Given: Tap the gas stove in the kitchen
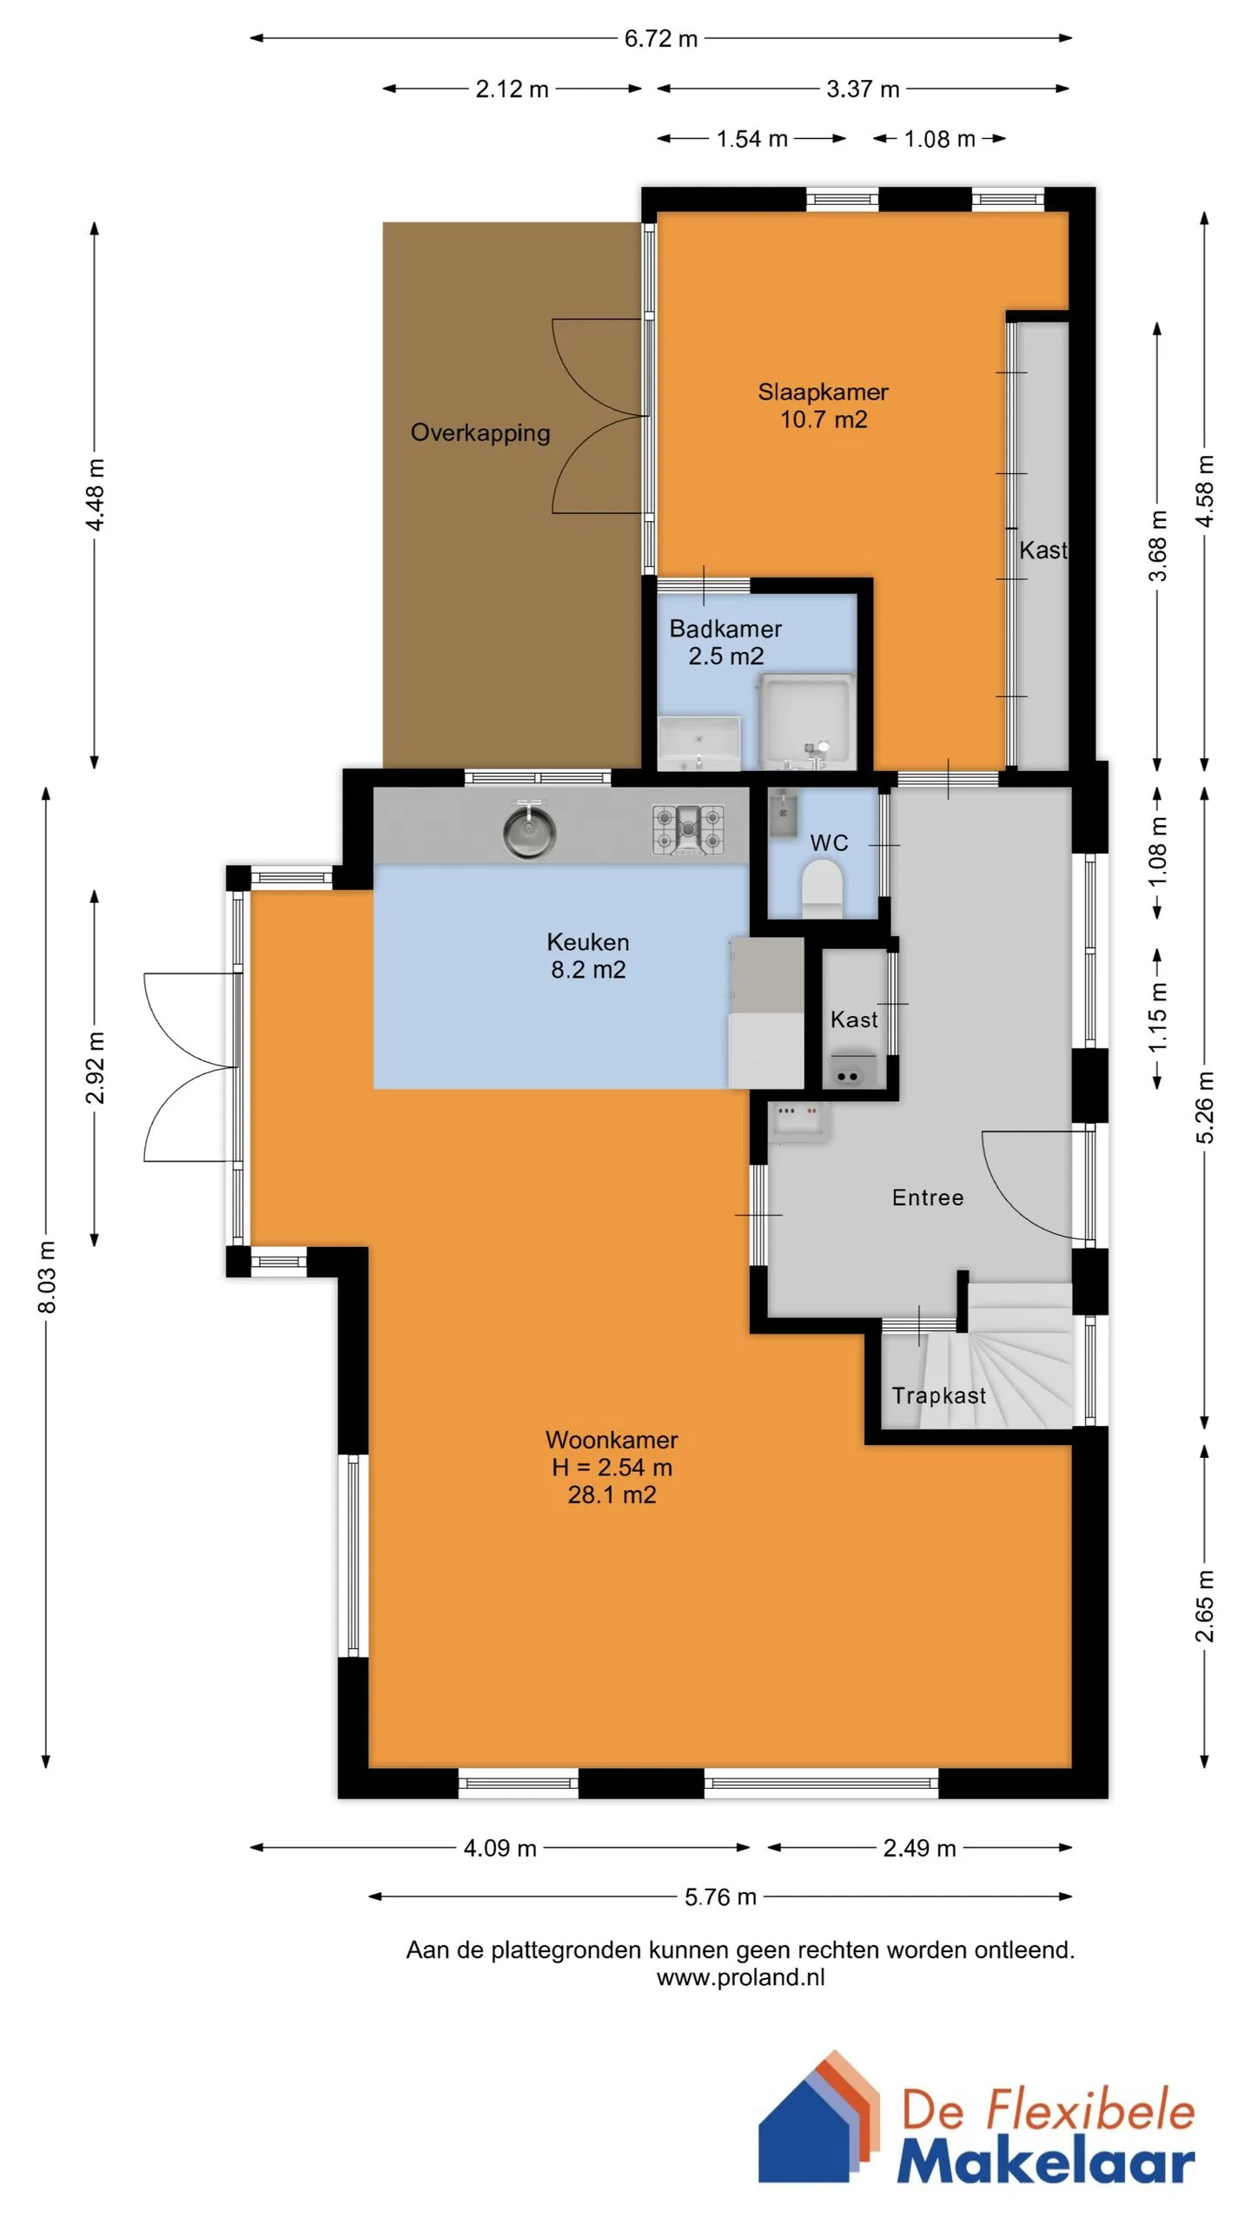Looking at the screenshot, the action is pyautogui.click(x=688, y=829).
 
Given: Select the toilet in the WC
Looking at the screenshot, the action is pyautogui.click(x=822, y=888).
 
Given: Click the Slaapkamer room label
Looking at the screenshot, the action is pyautogui.click(x=823, y=392).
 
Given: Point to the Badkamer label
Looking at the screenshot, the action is pyautogui.click(x=725, y=628).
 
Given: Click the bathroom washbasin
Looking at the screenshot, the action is pyautogui.click(x=699, y=742).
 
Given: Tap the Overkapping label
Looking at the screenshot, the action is pyautogui.click(x=480, y=433).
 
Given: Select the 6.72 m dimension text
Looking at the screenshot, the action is pyautogui.click(x=661, y=39).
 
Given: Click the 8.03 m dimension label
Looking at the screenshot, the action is pyautogui.click(x=47, y=1276).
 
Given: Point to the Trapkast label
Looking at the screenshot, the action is pyautogui.click(x=938, y=1395).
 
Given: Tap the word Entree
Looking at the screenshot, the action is pyautogui.click(x=928, y=1197).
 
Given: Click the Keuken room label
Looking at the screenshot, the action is pyautogui.click(x=588, y=942).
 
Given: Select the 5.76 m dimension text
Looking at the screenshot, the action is pyautogui.click(x=720, y=1896).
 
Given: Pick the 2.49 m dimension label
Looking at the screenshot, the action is pyautogui.click(x=919, y=1847).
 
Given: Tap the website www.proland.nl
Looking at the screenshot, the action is pyautogui.click(x=740, y=1977).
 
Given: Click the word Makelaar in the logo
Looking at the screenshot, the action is pyautogui.click(x=1046, y=2158).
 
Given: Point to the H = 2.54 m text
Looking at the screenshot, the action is pyautogui.click(x=612, y=1467).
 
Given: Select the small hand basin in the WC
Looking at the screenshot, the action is pyautogui.click(x=783, y=812).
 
